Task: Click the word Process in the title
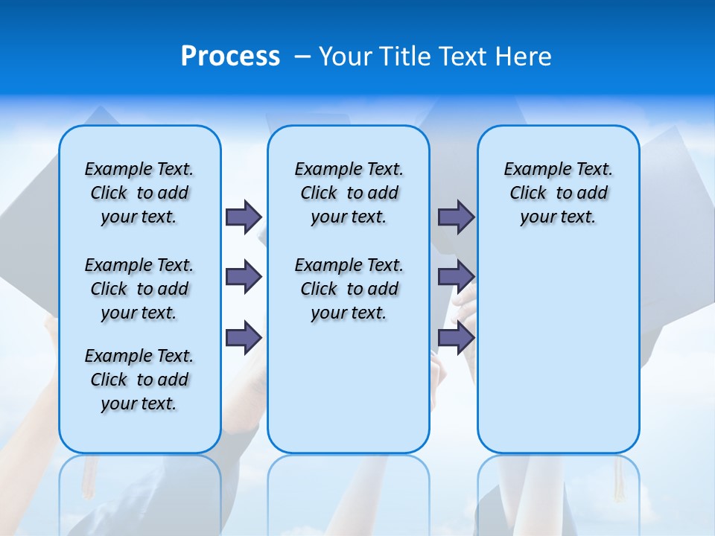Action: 230,56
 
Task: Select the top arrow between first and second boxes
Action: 244,217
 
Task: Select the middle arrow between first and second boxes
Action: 244,277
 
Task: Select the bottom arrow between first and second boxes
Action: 244,338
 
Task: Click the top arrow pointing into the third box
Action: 456,217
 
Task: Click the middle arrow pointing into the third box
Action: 456,277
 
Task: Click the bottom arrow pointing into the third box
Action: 456,338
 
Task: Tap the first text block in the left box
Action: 139,193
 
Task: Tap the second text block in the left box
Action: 139,289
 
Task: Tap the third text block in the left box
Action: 139,380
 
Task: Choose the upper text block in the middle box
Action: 349,193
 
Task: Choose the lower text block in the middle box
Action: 349,289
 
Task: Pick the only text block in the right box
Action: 558,193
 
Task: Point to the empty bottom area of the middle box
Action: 349,395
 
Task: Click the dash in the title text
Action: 302,56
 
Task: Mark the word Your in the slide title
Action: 346,56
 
